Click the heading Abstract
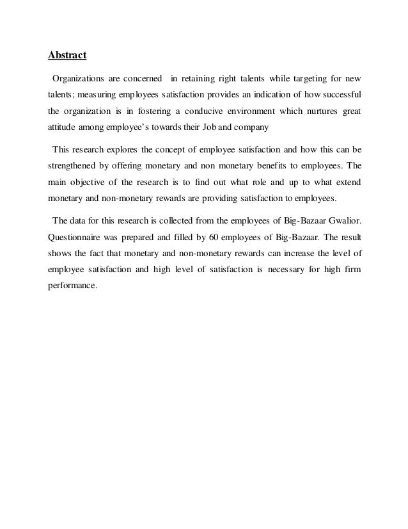(x=68, y=56)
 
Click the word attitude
(x=62, y=127)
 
